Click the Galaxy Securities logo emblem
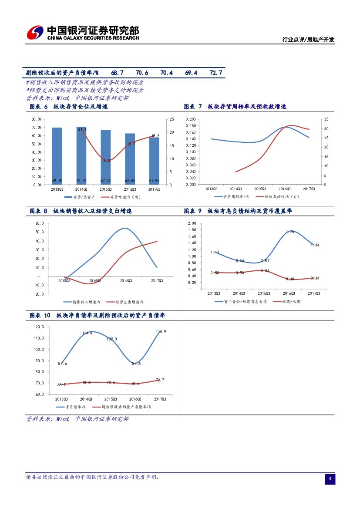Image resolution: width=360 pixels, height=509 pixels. pyautogui.click(x=35, y=33)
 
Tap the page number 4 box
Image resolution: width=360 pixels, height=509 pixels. pyautogui.click(x=330, y=479)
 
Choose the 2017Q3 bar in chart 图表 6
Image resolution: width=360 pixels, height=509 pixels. pyautogui.click(x=155, y=161)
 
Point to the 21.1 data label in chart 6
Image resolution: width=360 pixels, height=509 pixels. pyautogui.click(x=82, y=129)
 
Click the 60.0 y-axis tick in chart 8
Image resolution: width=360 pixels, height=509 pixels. pyautogui.click(x=39, y=223)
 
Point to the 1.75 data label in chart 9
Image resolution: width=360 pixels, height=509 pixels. pyautogui.click(x=290, y=232)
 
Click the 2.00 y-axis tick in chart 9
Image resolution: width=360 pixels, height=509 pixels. pyautogui.click(x=192, y=223)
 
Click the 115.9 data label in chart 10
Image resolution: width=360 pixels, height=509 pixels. pyautogui.click(x=161, y=332)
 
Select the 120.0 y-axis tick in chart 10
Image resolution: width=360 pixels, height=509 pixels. pyautogui.click(x=39, y=327)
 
